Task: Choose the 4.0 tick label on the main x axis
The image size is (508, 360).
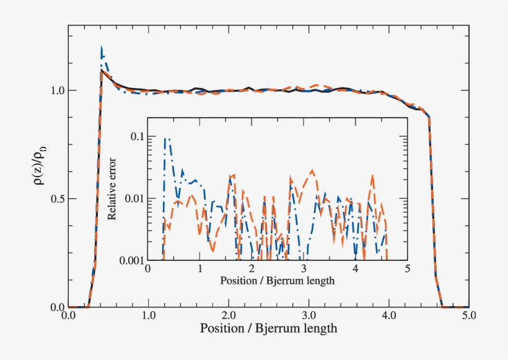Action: tap(389, 315)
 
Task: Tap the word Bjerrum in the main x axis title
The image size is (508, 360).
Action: tap(274, 328)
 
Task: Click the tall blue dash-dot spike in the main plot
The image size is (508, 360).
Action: tap(102, 50)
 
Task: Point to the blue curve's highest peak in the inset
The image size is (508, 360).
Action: tap(166, 139)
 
